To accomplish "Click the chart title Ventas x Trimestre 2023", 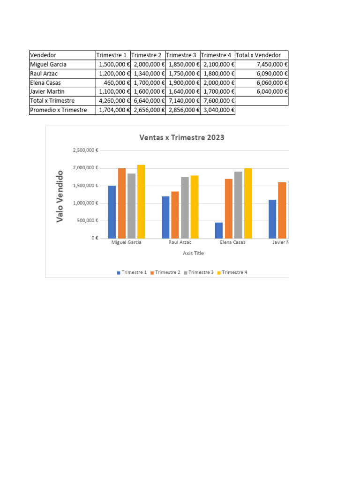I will [182, 137].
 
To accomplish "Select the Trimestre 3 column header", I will [182, 55].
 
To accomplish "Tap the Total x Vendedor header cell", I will [261, 55].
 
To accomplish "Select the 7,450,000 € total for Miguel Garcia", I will [262, 64].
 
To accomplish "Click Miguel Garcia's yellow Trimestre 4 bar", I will [141, 202].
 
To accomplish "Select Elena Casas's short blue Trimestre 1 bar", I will [219, 230].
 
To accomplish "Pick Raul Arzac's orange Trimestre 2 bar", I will [175, 215].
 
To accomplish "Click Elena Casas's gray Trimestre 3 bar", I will [238, 205].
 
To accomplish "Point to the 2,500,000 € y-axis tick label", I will [85, 150].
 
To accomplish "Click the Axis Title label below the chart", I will [193, 253].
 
